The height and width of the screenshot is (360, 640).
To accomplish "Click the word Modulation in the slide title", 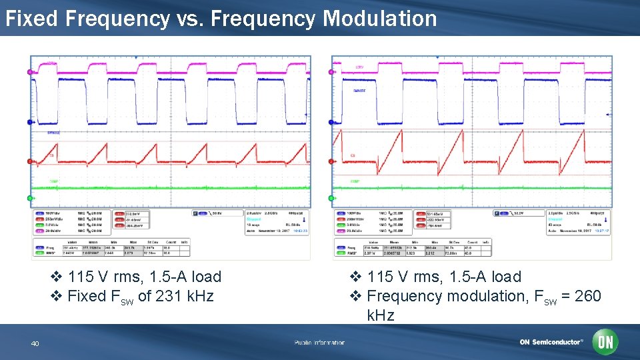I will [380, 19].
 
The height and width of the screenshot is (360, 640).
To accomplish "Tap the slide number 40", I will [35, 343].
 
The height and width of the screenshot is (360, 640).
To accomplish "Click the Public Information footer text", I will [319, 343].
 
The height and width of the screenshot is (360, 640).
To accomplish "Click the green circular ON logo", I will [605, 342].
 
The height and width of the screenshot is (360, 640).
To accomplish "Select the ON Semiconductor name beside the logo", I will [551, 343].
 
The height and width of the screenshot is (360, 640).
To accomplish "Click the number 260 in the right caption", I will [587, 296].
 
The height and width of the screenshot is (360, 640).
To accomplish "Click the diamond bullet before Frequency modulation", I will [355, 296].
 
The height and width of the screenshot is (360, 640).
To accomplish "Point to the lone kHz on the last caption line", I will [381, 315].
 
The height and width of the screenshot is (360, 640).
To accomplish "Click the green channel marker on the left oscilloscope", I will [29, 198].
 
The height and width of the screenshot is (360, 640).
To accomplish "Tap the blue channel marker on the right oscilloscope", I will [331, 121].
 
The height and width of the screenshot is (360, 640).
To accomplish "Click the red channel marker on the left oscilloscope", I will [29, 161].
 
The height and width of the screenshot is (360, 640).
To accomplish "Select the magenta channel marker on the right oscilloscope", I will [331, 72].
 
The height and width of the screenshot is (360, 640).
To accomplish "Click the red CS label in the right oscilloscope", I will [352, 155].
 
